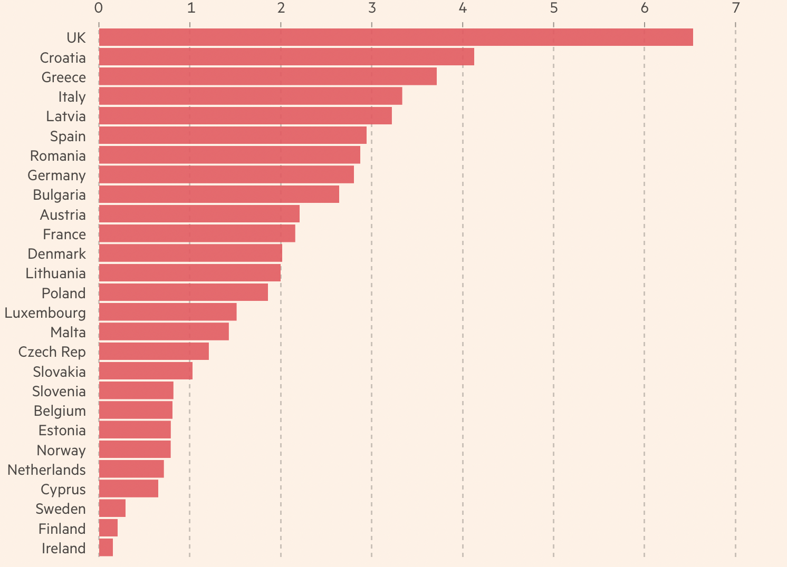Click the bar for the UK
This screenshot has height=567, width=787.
[396, 37]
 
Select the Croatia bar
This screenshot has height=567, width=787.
[286, 57]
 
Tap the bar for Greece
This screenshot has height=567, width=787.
[267, 76]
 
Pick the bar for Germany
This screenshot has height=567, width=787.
[226, 175]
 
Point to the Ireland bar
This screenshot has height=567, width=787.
[106, 548]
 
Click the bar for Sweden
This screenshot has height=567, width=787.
[112, 509]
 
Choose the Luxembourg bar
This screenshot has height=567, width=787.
[168, 312]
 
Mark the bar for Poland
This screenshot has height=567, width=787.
[184, 292]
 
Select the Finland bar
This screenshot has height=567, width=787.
[108, 528]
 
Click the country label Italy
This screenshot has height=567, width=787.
[72, 97]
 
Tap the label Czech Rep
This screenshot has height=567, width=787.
[52, 352]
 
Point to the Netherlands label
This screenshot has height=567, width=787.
[46, 470]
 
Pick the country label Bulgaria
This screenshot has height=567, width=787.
[59, 195]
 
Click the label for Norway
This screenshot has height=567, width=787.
[61, 450]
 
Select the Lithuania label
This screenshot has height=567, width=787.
[55, 273]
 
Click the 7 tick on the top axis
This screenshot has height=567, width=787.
[735, 8]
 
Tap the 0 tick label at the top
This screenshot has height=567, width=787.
[99, 8]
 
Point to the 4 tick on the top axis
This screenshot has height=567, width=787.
[463, 8]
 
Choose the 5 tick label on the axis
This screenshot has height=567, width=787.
[554, 8]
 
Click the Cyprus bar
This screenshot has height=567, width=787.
[129, 489]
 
